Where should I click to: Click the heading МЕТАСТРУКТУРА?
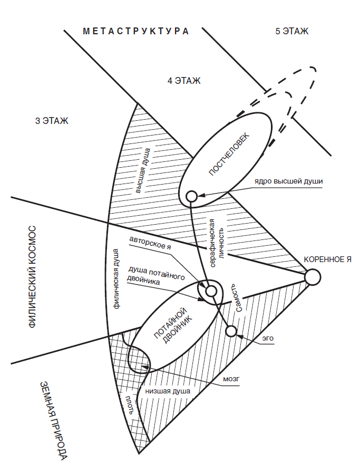(135, 31)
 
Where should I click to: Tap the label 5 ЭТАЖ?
(291, 31)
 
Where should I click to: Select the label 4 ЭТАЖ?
(184, 81)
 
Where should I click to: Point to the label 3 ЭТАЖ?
(52, 121)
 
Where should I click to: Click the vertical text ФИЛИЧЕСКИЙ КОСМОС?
(32, 277)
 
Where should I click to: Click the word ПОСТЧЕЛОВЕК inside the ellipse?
(229, 154)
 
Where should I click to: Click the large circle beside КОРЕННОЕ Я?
(313, 277)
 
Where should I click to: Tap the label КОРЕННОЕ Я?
(327, 259)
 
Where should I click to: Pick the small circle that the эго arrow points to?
(231, 331)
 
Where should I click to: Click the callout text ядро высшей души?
(288, 181)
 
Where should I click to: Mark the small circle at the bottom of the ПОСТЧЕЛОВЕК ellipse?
(192, 197)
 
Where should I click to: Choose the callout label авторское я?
(150, 243)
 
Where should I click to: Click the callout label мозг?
(231, 379)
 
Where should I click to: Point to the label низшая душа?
(168, 391)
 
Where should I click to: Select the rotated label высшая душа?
(142, 171)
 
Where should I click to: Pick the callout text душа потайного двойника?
(156, 275)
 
